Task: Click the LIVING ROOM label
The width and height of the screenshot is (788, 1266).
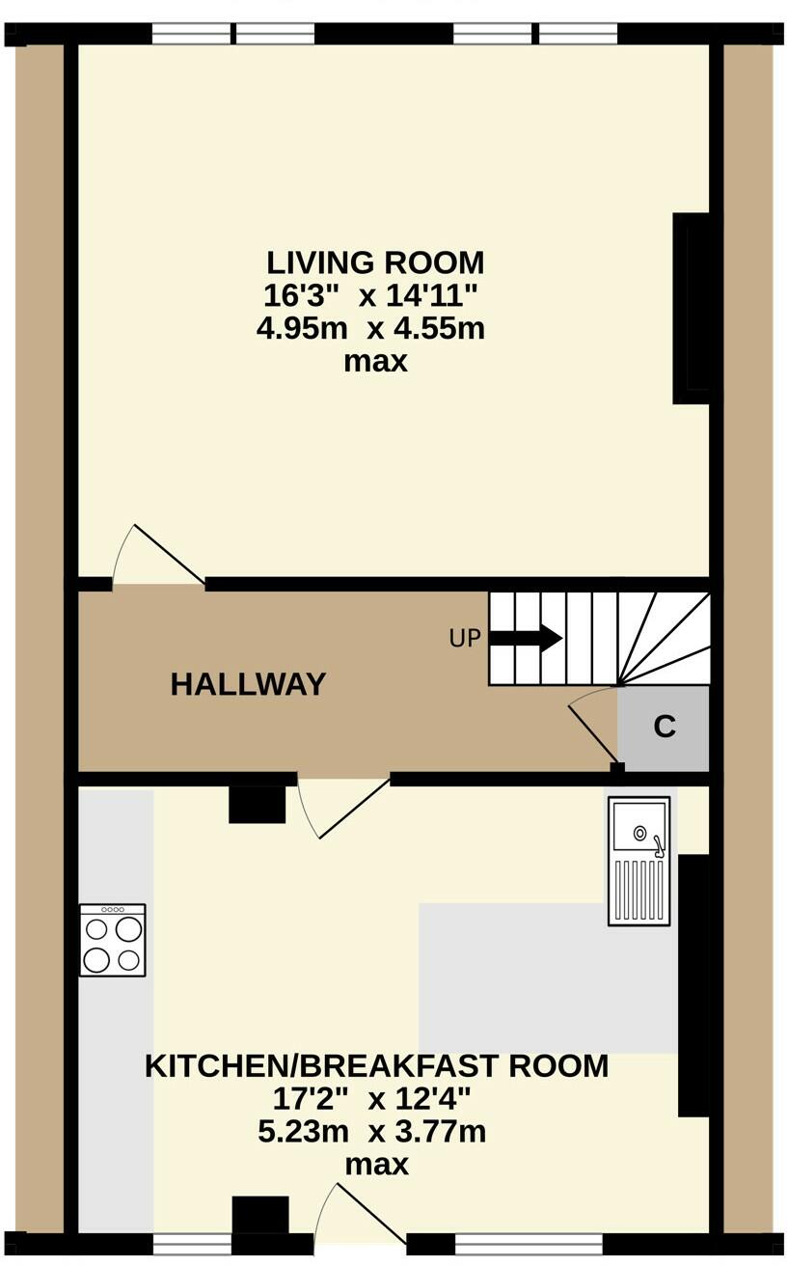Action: point(375,262)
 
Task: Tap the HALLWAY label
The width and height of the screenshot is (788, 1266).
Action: point(248,684)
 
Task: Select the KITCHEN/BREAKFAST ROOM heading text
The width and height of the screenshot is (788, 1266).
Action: point(376,1066)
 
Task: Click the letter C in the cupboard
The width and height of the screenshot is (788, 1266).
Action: point(665,727)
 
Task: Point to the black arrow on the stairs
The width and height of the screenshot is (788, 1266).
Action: point(527,638)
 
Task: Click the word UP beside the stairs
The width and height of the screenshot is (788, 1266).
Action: point(465,639)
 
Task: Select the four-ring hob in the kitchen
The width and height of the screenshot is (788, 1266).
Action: point(113,941)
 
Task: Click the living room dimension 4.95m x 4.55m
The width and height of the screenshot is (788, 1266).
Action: point(370,329)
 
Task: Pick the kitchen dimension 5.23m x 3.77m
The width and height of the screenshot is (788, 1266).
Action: point(371,1132)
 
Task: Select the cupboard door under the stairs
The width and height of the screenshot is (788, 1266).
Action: point(594,729)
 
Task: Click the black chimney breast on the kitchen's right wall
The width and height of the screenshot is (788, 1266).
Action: point(695,984)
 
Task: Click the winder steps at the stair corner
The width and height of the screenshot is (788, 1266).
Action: point(665,637)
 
